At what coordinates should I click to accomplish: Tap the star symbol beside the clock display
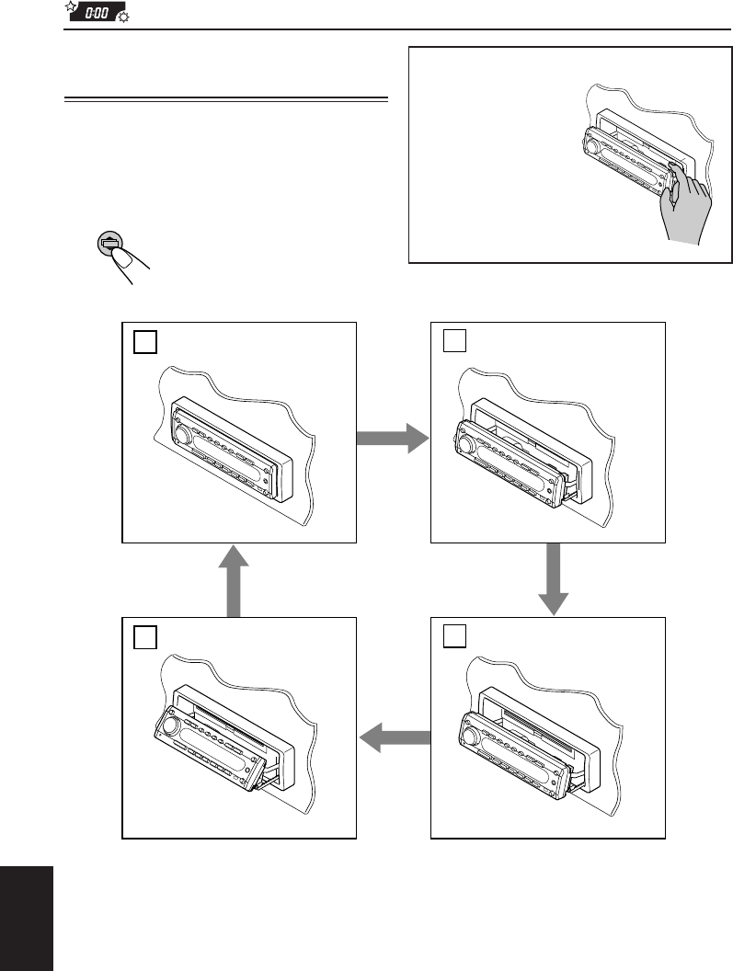click(x=70, y=8)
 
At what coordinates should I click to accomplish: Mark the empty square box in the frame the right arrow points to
click(x=452, y=342)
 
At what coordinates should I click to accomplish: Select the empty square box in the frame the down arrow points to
click(x=452, y=637)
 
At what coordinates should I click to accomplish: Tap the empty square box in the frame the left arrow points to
click(x=143, y=637)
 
